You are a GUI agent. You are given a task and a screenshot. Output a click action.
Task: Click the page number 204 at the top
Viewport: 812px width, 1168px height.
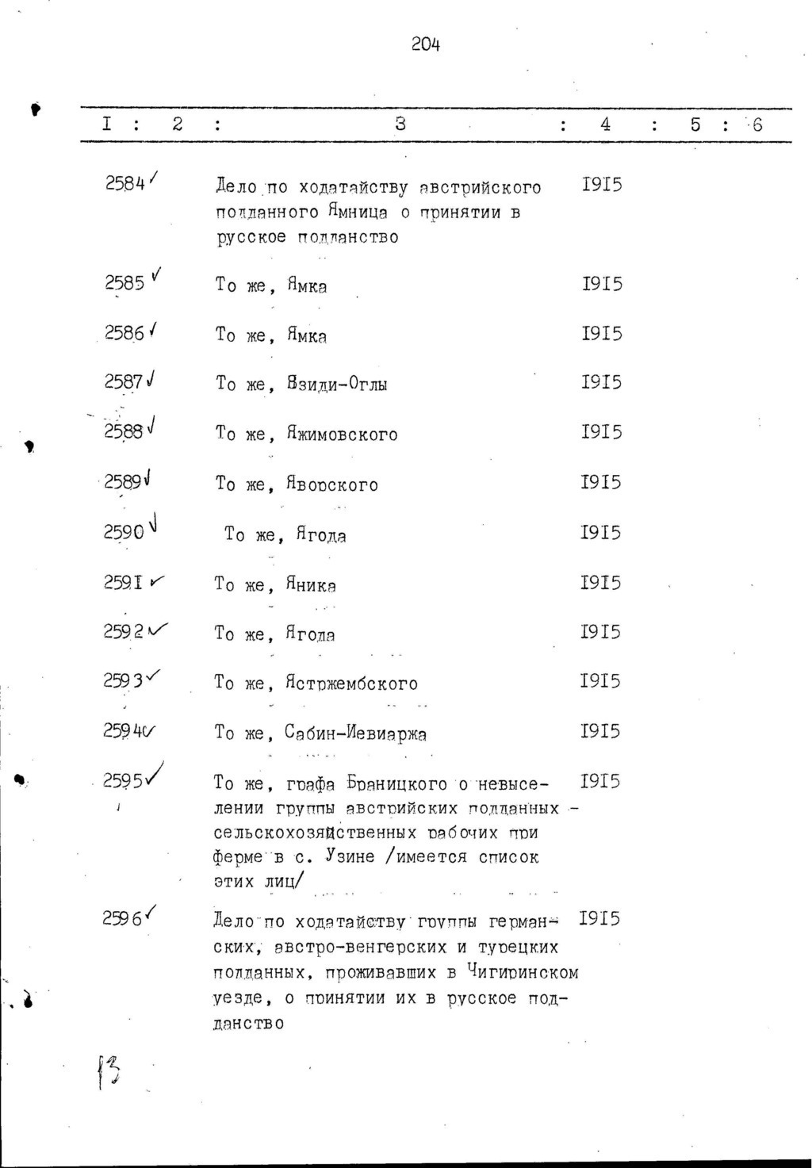click(426, 45)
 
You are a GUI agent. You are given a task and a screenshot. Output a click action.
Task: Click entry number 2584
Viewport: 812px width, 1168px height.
click(125, 184)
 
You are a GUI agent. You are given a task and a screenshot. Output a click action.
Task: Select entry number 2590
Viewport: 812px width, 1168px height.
click(124, 532)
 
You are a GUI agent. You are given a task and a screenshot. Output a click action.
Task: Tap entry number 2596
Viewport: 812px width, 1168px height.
click(123, 918)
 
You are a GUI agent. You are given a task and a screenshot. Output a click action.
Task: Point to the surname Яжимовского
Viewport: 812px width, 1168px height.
click(343, 435)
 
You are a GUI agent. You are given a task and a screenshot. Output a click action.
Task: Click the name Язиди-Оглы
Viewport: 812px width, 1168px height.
click(338, 385)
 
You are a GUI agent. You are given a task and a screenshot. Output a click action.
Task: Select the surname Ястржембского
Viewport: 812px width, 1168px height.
click(352, 683)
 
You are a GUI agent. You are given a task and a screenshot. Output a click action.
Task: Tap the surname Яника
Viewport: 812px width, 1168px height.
click(312, 585)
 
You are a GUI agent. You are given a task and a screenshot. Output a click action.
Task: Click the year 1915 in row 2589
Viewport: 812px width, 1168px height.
click(601, 482)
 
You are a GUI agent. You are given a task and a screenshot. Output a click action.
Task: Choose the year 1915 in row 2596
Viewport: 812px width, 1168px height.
click(600, 918)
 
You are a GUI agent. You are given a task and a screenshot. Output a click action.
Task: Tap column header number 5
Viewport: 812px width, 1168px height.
click(695, 124)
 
